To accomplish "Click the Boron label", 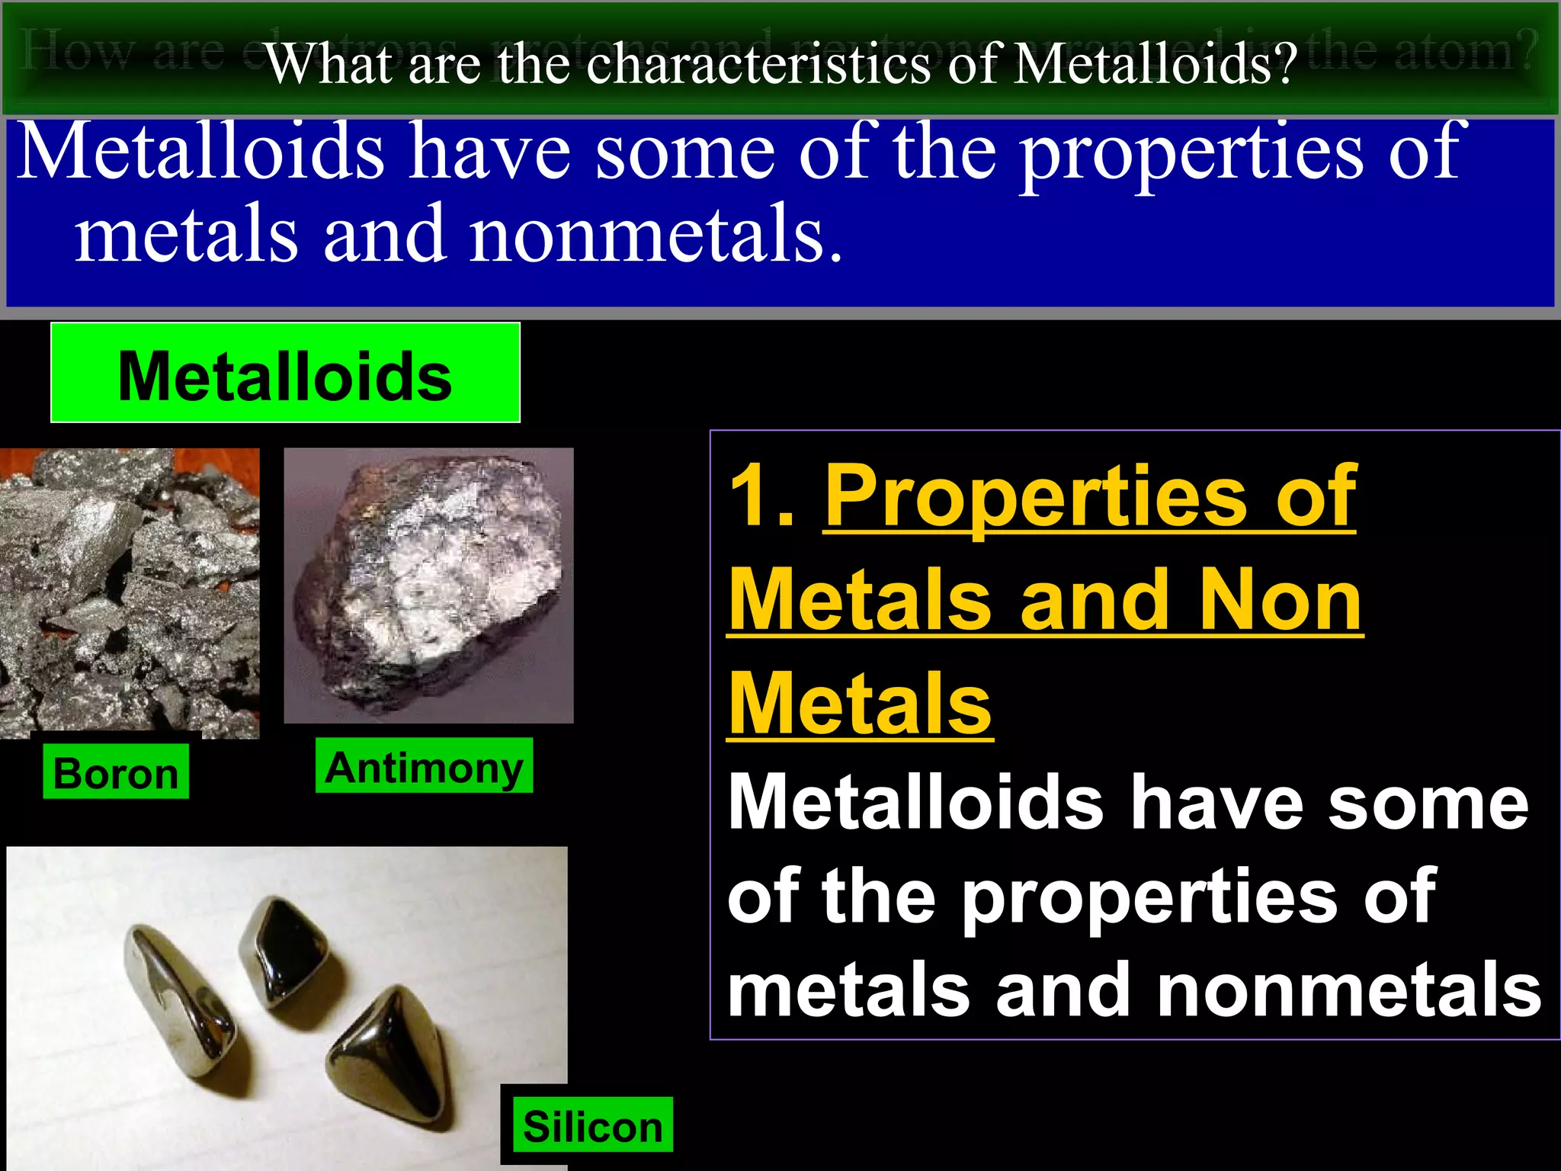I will click(116, 773).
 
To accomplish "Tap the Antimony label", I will click(424, 767).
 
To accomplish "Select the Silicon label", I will click(592, 1126).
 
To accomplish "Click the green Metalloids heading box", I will click(285, 374).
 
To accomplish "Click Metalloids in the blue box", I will click(200, 152).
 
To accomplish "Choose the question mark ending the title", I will click(1287, 64).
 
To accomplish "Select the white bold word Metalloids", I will click(915, 802).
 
